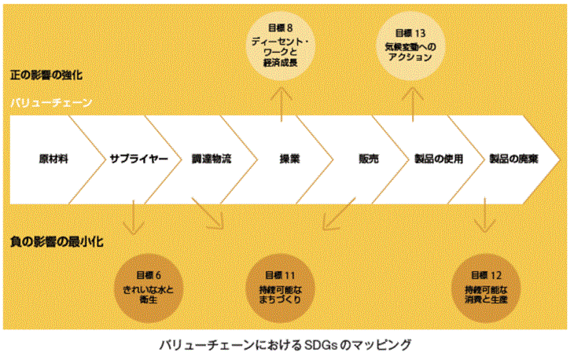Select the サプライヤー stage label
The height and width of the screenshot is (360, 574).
click(139, 158)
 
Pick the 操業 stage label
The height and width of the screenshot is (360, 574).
click(289, 158)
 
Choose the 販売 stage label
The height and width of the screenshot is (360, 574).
click(367, 158)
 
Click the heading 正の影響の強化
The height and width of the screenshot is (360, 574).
click(46, 76)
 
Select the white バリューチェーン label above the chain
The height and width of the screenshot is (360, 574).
click(52, 103)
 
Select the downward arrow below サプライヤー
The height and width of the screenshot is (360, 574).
click(134, 217)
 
